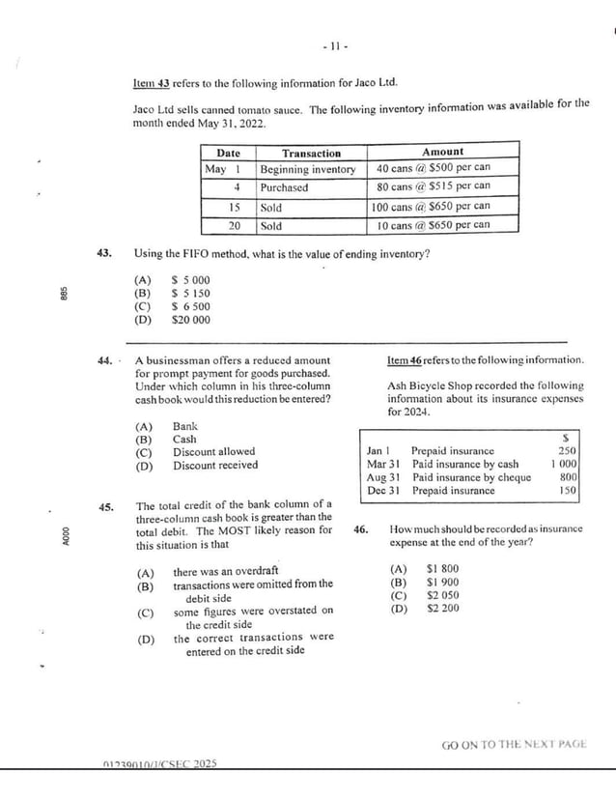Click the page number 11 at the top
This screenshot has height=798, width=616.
(334, 45)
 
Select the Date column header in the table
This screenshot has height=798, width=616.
(228, 153)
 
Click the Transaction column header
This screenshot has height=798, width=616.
(311, 153)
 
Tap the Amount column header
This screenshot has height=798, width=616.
(442, 152)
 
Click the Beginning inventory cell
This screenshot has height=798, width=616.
(308, 170)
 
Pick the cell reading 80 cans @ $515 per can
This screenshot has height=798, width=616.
(433, 187)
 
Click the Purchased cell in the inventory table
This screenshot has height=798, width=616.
(284, 188)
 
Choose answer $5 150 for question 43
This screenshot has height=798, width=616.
(190, 294)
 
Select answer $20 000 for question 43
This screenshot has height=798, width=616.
(190, 320)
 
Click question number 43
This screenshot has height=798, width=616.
(105, 254)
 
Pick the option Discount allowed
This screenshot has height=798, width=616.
(213, 452)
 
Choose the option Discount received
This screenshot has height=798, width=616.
(215, 466)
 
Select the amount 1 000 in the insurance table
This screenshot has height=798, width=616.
(564, 464)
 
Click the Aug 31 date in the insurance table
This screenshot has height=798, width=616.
(383, 477)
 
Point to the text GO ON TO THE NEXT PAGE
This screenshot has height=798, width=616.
(514, 745)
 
